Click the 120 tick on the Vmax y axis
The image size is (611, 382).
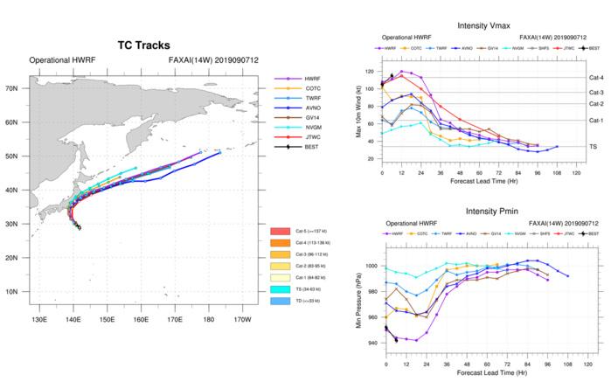370,71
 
